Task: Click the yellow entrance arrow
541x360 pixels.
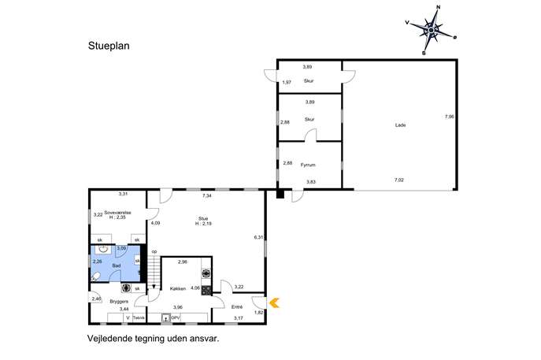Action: tap(274, 303)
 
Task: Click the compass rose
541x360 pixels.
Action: tap(432, 31)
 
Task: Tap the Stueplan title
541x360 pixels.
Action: tap(109, 46)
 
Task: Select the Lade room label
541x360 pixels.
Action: tap(400, 125)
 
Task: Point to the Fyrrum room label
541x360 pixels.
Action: tap(308, 165)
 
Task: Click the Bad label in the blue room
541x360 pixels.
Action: tap(117, 265)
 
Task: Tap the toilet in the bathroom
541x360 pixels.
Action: tap(95, 276)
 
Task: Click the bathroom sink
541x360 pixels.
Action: tap(103, 248)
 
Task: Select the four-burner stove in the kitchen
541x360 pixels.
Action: tap(206, 291)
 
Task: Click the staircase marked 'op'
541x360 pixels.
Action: tap(154, 271)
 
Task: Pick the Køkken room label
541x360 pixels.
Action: tap(178, 288)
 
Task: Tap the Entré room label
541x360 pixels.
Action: tap(237, 306)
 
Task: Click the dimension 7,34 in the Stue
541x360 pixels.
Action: tap(206, 195)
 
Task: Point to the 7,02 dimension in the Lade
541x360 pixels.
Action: tap(398, 180)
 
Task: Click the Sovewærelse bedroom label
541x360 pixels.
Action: tap(117, 213)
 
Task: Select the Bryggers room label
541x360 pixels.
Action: tap(119, 302)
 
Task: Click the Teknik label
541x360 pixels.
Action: tap(139, 318)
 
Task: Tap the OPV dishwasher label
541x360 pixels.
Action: tap(176, 317)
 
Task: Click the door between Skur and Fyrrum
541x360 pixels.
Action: tap(310, 135)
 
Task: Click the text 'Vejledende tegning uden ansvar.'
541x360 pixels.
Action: tap(154, 339)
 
